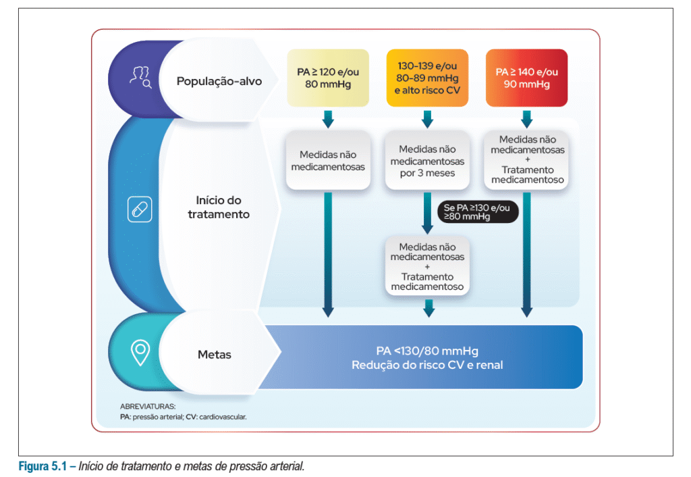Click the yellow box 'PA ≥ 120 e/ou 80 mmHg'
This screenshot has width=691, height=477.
[328, 78]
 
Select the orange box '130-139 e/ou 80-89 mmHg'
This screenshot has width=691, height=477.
[427, 78]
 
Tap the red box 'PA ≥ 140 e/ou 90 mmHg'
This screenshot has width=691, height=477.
[526, 78]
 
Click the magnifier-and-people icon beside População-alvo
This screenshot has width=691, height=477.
[140, 79]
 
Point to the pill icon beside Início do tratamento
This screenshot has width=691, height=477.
[140, 209]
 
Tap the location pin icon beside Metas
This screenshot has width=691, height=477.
[140, 351]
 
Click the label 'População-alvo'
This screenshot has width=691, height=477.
[219, 81]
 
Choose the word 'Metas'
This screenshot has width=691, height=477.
[215, 355]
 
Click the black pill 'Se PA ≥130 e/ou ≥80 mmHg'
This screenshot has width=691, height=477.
[477, 211]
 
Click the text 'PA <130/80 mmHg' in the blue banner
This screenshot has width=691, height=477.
[427, 351]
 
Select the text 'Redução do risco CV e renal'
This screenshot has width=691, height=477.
[427, 365]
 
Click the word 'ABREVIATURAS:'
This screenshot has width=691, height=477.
[147, 407]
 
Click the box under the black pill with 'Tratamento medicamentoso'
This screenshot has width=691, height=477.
[427, 267]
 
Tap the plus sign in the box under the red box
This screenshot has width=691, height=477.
[527, 160]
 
